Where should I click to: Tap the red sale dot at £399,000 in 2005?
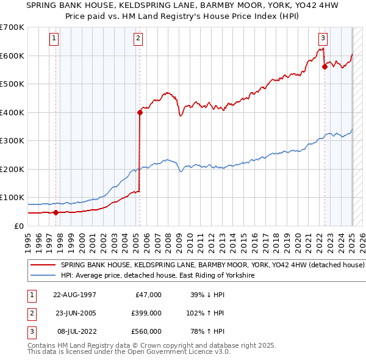[x=140, y=112]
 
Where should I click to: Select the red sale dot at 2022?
[x=325, y=67]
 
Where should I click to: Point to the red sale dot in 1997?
[x=56, y=212]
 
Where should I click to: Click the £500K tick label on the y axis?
[x=12, y=84]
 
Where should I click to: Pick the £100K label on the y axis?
[x=12, y=197]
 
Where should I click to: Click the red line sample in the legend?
[x=43, y=265]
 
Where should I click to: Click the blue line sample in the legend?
[x=43, y=276]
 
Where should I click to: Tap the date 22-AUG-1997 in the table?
[x=75, y=295]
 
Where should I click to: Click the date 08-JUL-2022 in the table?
[x=74, y=331]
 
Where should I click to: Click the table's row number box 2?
[x=31, y=313]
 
